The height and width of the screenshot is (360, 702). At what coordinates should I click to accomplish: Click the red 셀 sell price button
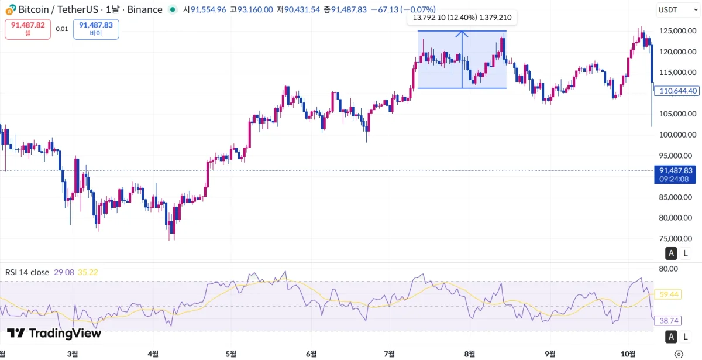[x=28, y=29]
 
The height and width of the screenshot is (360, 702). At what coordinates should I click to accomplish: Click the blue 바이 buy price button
[x=96, y=29]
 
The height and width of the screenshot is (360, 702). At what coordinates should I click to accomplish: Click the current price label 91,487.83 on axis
[x=675, y=170]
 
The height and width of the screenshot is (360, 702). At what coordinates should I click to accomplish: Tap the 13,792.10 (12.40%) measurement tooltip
[x=462, y=18]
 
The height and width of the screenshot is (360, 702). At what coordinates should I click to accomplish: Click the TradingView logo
[x=54, y=333]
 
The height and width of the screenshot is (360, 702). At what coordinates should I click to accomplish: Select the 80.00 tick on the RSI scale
[x=668, y=269]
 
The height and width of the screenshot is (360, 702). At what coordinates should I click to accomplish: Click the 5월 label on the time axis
[x=231, y=354]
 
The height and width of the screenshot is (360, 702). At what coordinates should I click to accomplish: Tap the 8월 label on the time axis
[x=469, y=354]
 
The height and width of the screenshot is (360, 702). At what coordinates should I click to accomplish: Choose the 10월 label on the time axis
[x=628, y=354]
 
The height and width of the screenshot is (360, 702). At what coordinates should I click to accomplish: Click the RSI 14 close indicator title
[x=27, y=272]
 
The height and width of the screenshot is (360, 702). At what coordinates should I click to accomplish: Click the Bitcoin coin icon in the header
[x=11, y=9]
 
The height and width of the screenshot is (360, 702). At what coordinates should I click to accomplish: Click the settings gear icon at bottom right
[x=679, y=354]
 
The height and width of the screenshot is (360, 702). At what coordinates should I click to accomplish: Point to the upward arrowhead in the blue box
[x=462, y=34]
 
